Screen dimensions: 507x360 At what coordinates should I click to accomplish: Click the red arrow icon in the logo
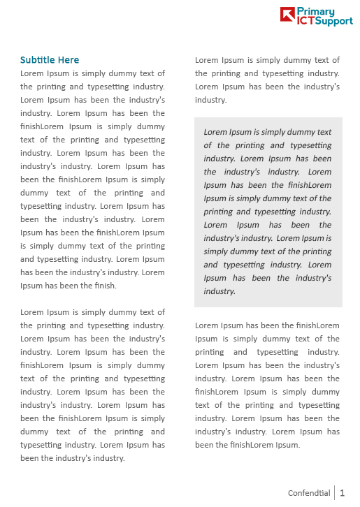[287, 15]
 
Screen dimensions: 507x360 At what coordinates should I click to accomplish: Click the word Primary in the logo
[315, 11]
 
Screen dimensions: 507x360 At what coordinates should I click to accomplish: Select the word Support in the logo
[334, 22]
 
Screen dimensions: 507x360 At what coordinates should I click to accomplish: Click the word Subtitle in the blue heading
[39, 60]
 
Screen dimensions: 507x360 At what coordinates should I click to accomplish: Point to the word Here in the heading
[69, 60]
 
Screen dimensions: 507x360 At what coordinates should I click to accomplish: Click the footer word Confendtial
[309, 493]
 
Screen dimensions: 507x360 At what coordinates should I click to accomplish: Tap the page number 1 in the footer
[343, 493]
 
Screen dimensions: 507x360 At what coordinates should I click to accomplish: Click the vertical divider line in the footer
[335, 493]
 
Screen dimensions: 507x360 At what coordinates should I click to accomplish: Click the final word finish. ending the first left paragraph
[106, 286]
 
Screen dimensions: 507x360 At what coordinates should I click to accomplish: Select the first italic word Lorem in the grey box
[215, 132]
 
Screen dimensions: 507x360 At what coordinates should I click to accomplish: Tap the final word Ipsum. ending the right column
[287, 445]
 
